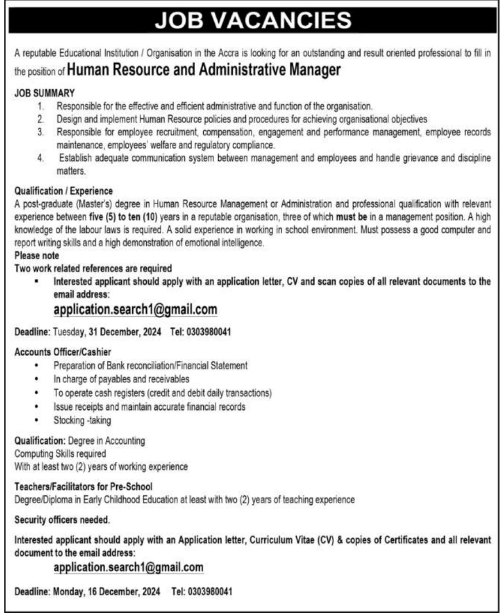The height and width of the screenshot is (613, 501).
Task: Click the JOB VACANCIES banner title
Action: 253,20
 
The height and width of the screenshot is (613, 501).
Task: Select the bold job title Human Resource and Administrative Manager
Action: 204,70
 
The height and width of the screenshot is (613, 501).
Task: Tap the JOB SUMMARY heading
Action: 44,94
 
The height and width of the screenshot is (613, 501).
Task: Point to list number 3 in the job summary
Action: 41,133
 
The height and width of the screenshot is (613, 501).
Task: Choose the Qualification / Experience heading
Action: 64,191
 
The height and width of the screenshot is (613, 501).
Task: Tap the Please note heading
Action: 37,255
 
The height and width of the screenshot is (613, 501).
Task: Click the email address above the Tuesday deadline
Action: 135,310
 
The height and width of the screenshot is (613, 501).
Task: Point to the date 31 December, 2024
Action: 125,332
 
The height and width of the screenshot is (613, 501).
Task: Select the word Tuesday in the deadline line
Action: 69,332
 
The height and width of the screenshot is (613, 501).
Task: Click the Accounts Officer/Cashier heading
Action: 63,352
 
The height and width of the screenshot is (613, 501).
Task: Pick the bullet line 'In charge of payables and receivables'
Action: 121,379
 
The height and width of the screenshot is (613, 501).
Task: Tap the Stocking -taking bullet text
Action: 82,420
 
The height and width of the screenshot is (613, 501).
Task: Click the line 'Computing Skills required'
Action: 60,454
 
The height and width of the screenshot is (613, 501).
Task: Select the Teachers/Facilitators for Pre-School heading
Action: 83,486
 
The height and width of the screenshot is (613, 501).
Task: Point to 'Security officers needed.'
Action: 62,520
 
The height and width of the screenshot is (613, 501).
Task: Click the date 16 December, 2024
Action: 124,591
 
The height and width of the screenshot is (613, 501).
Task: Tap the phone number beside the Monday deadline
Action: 209,591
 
